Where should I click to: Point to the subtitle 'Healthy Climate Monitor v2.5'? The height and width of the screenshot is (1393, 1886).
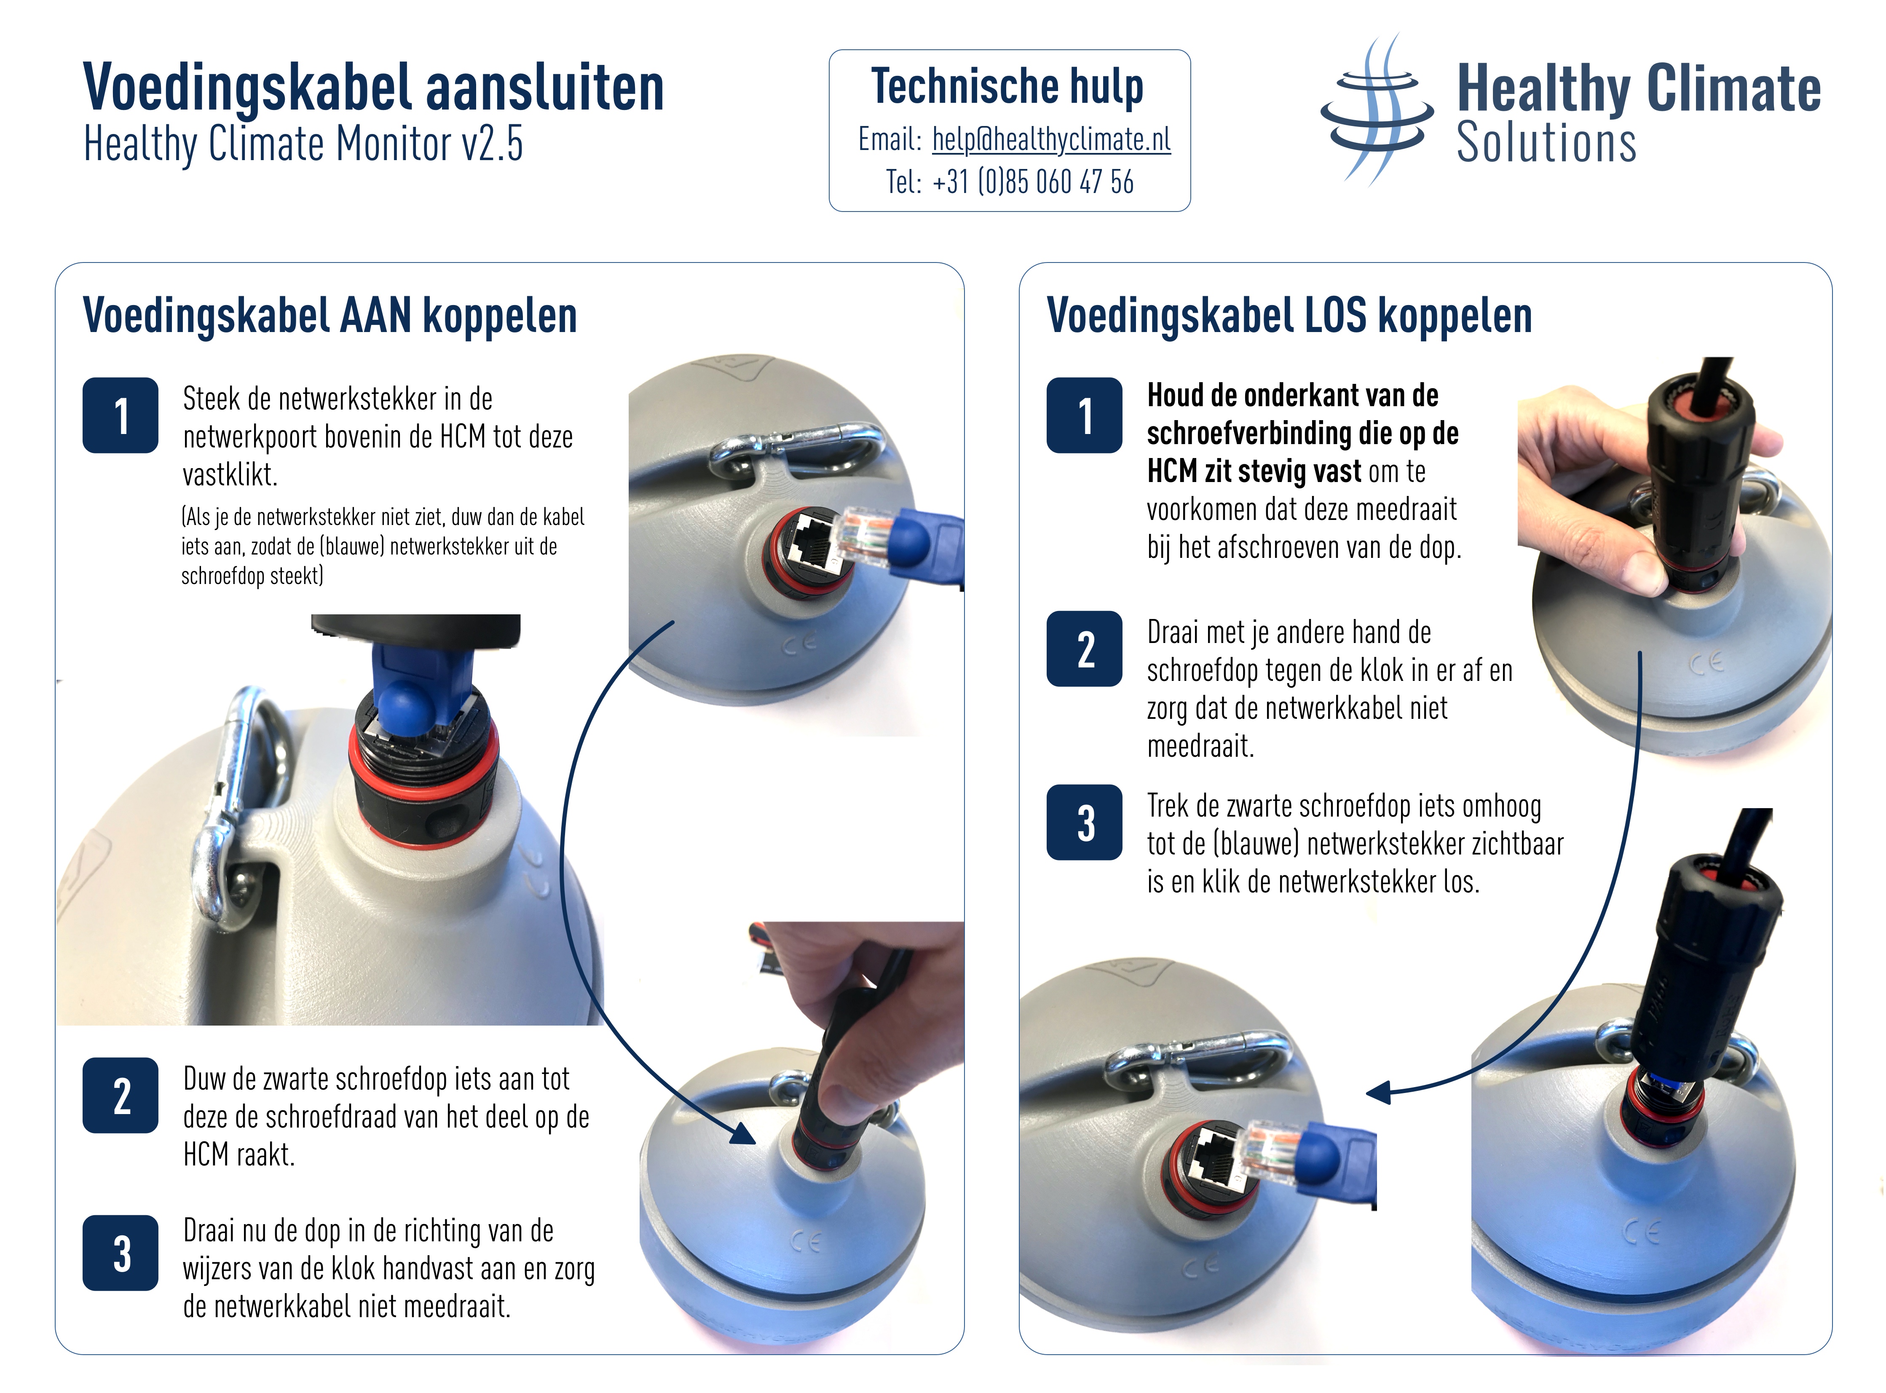[303, 143]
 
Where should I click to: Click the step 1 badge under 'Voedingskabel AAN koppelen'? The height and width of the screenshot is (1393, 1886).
[121, 416]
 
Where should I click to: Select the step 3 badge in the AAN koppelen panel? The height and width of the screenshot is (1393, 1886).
[121, 1253]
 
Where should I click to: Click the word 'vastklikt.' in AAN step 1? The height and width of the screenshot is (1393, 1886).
[230, 475]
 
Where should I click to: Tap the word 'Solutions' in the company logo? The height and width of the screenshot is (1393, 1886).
[1546, 142]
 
